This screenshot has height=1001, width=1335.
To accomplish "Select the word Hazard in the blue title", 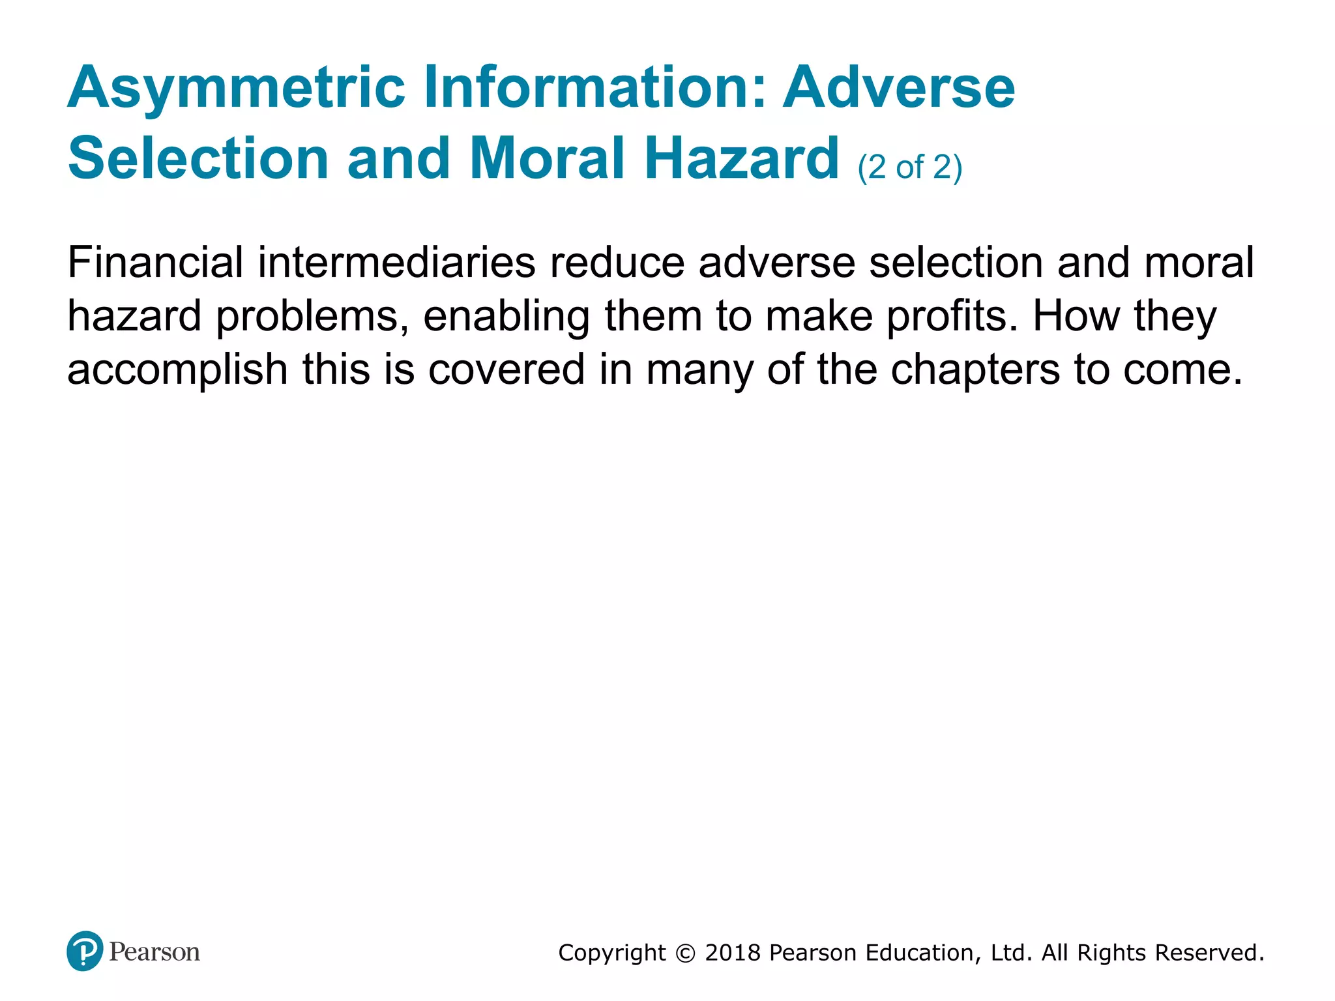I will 742,158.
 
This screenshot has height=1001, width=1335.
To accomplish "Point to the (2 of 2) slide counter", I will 909,167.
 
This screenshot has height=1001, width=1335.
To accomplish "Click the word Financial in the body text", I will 155,263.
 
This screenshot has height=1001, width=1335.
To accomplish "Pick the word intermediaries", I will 396,263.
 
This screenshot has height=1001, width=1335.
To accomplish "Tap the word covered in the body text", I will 506,370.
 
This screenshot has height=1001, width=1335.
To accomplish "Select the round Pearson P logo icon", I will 85,951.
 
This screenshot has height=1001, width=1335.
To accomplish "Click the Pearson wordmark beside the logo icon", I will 154,952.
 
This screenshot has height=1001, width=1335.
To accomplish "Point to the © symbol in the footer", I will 686,953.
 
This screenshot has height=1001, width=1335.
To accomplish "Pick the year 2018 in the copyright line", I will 733,953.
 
